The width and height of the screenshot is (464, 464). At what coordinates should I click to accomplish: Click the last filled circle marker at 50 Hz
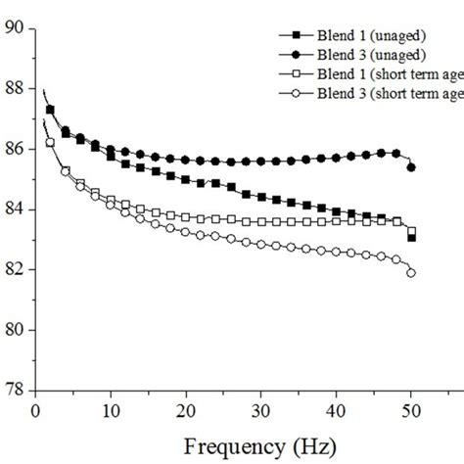411,167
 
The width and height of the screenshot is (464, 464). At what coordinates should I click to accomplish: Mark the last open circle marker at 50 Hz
411,273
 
